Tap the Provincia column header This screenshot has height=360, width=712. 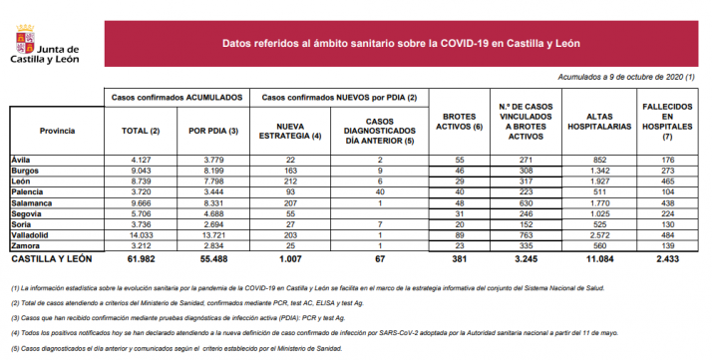(57, 132)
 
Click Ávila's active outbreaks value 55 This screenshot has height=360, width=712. (461, 160)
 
